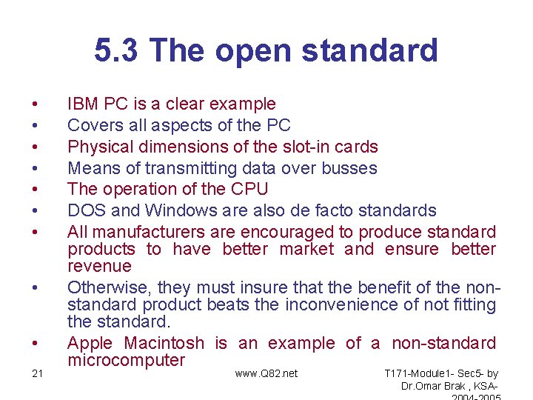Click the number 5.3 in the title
click(x=117, y=51)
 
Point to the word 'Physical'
click(x=98, y=147)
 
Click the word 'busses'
click(x=350, y=168)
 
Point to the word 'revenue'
click(x=99, y=267)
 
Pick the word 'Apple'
click(x=90, y=344)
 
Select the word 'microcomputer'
click(x=126, y=361)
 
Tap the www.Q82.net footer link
click(x=266, y=373)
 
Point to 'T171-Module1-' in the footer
click(x=419, y=373)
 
